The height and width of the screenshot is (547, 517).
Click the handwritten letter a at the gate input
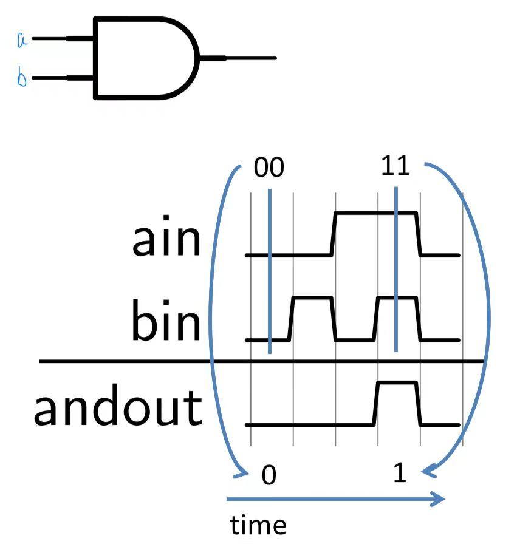click(21, 40)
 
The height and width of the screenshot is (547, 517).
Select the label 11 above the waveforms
click(395, 165)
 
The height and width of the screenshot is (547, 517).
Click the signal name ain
click(166, 240)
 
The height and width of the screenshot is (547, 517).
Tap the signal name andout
click(117, 408)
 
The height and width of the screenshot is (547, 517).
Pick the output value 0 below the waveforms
click(269, 476)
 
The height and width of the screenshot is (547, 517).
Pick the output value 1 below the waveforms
click(399, 474)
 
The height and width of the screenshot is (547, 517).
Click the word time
click(258, 525)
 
